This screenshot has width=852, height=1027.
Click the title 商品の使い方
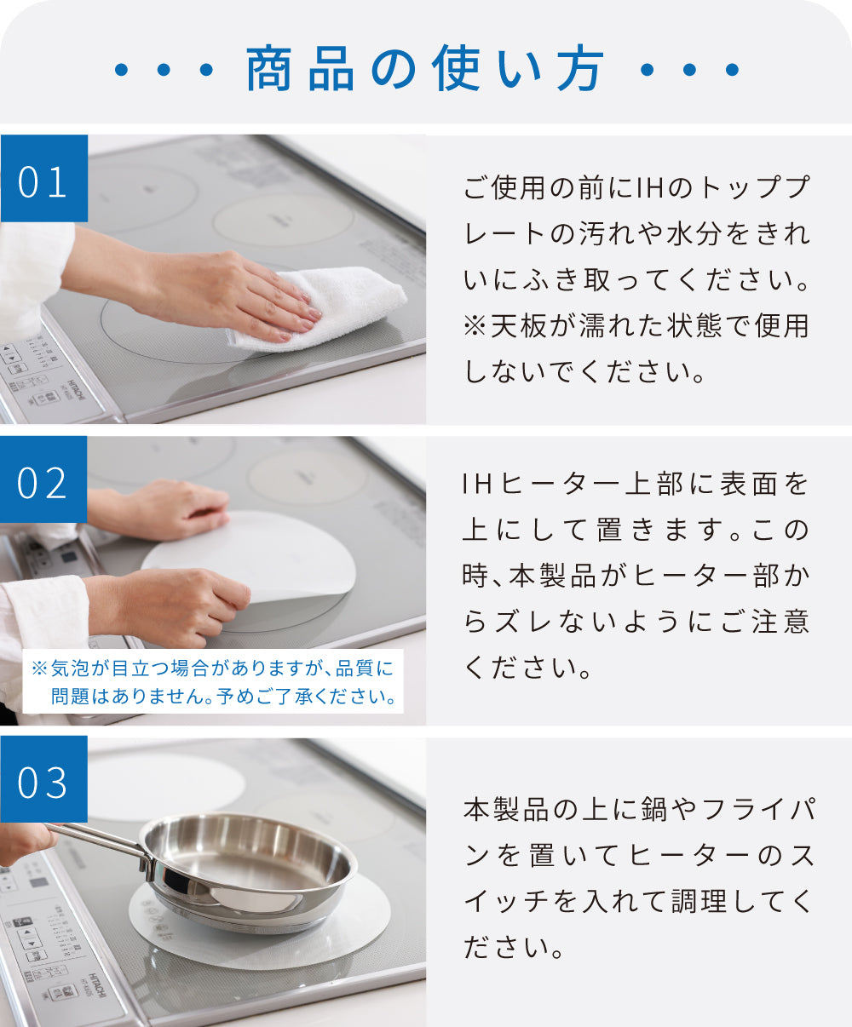pyautogui.click(x=425, y=68)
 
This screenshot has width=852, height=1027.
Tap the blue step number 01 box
pyautogui.click(x=43, y=178)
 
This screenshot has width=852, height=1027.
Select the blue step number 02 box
pyautogui.click(x=43, y=479)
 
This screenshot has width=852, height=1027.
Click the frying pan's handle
pyautogui.click(x=99, y=841)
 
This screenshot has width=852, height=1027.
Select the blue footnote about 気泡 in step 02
pyautogui.click(x=213, y=682)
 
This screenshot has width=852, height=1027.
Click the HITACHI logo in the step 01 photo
pyautogui.click(x=77, y=389)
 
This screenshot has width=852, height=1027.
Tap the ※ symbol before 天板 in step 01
pyautogui.click(x=475, y=325)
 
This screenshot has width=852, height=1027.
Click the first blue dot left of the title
pyautogui.click(x=121, y=69)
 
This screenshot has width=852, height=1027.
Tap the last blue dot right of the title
pyautogui.click(x=732, y=69)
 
